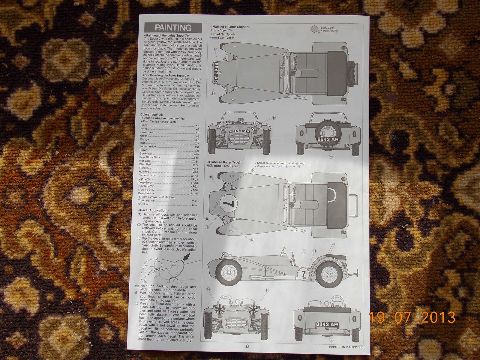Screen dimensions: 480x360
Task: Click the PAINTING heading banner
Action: point(173,28)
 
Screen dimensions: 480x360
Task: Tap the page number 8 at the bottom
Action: point(247,346)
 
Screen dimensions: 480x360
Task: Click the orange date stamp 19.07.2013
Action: point(412,317)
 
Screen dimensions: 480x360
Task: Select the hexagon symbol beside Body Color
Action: point(315,29)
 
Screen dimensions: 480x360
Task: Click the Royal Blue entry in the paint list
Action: point(147,132)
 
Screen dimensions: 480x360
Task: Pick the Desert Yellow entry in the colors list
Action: point(147,193)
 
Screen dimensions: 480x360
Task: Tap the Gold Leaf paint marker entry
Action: point(144,205)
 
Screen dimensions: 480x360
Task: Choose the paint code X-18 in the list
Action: point(196,157)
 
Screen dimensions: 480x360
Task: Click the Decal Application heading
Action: point(153,211)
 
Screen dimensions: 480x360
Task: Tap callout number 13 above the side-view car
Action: point(304,251)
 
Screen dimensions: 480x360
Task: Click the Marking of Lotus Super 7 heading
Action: point(230,27)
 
